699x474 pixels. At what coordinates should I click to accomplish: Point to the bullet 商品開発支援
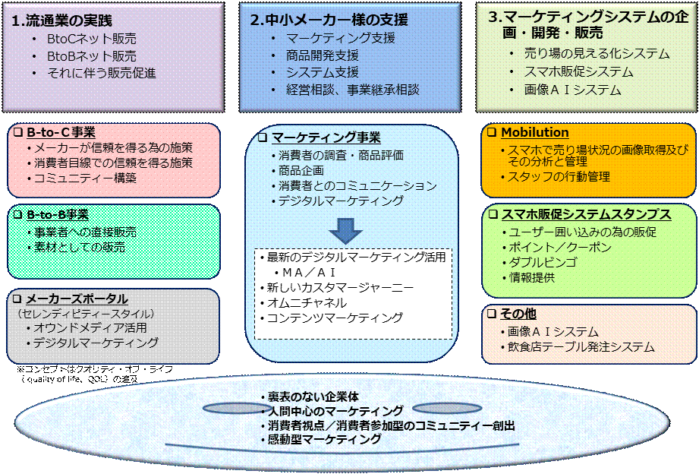click(323, 55)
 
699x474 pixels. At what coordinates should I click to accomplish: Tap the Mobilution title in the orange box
click(534, 133)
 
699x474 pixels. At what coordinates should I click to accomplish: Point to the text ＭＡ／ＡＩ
click(310, 272)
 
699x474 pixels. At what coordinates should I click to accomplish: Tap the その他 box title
click(521, 314)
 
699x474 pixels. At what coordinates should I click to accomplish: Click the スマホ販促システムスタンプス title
click(585, 214)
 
